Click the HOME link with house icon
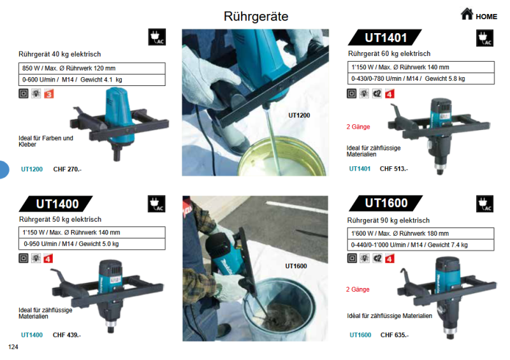click(x=479, y=15)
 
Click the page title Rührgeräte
click(x=256, y=16)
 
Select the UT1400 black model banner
click(x=57, y=204)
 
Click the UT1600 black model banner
click(x=386, y=203)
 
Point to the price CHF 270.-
click(x=67, y=169)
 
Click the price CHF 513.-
click(x=394, y=169)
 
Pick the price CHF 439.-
click(x=67, y=335)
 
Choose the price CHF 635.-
click(x=395, y=335)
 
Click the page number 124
click(x=13, y=347)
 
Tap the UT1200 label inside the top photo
click(x=299, y=115)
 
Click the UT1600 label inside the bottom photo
click(x=296, y=266)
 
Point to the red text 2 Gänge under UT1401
click(x=358, y=127)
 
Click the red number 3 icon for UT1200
click(x=48, y=94)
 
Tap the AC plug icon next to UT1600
click(x=484, y=204)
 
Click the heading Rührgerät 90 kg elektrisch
click(x=388, y=220)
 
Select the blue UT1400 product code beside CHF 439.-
click(x=32, y=335)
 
